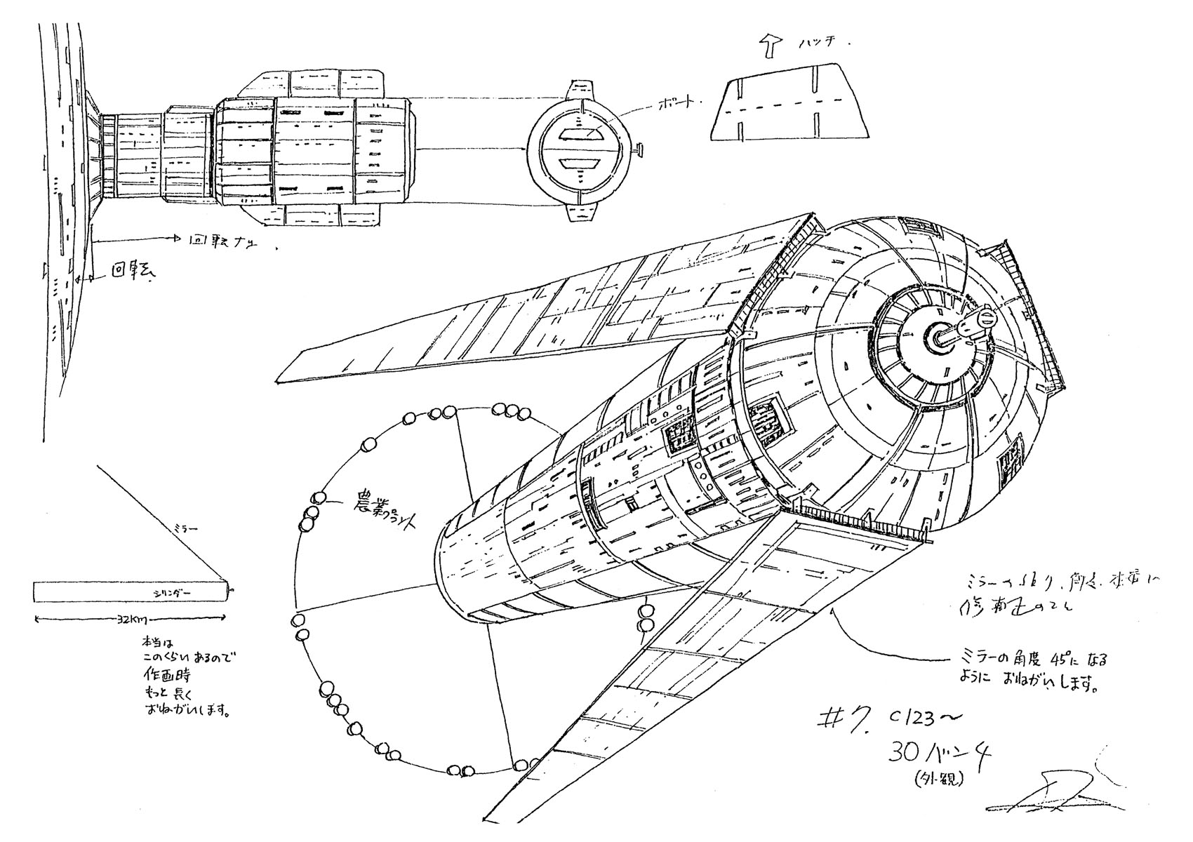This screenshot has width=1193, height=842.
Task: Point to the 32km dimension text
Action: [x=132, y=620]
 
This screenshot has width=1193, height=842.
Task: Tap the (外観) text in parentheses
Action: [x=940, y=777]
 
